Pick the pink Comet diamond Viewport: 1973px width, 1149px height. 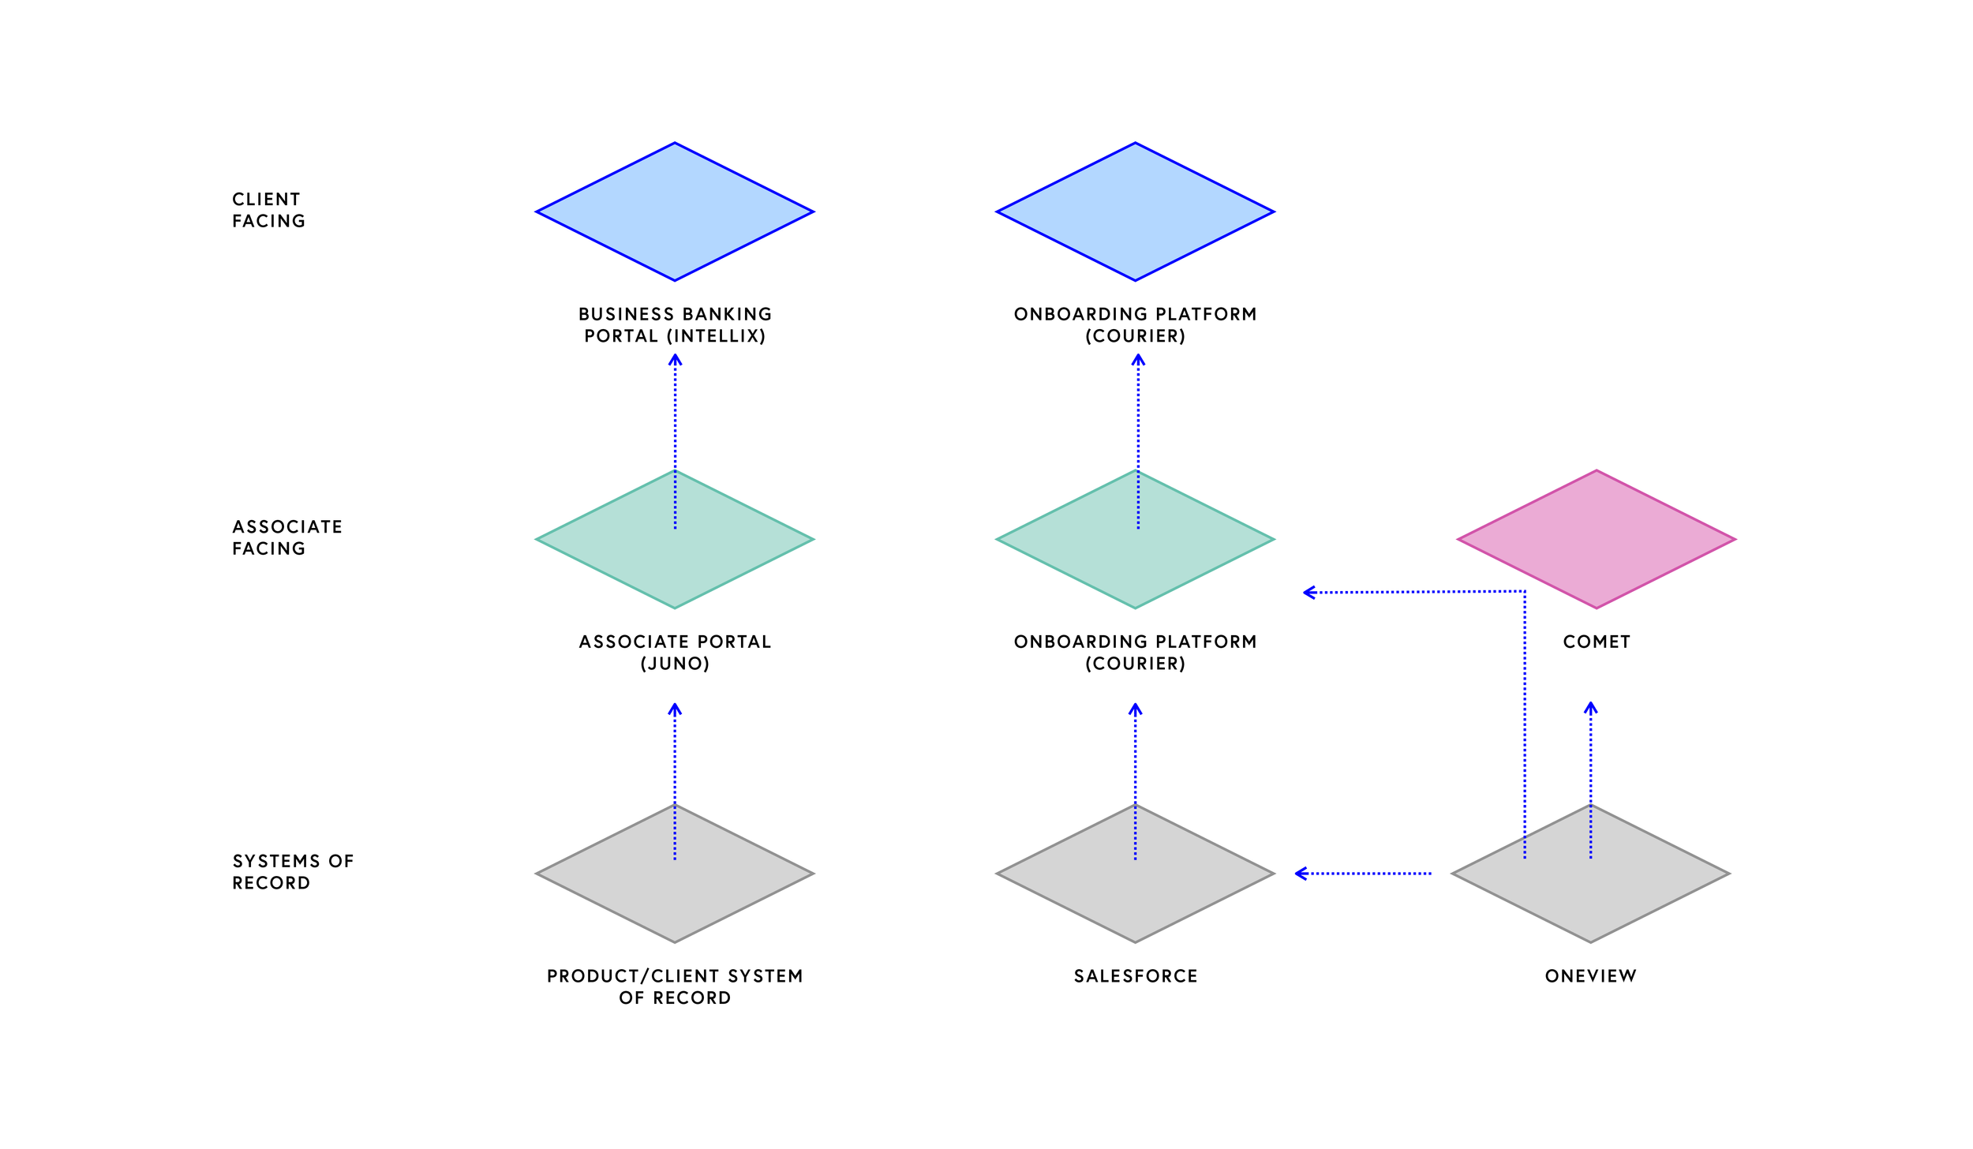(1596, 539)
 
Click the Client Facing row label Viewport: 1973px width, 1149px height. (268, 210)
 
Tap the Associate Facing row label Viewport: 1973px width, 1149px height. (286, 537)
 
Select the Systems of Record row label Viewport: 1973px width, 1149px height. (293, 872)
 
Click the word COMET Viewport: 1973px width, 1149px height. (1596, 642)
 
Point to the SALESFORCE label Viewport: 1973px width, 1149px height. (1136, 976)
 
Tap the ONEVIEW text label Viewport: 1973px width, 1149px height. (1590, 976)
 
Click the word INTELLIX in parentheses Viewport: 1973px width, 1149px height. (716, 336)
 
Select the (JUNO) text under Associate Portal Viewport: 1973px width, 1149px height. (675, 664)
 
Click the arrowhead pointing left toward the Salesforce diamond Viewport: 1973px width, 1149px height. (1301, 874)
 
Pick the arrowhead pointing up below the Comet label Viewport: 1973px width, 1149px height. (1590, 708)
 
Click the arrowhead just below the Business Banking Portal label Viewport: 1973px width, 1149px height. (675, 360)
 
